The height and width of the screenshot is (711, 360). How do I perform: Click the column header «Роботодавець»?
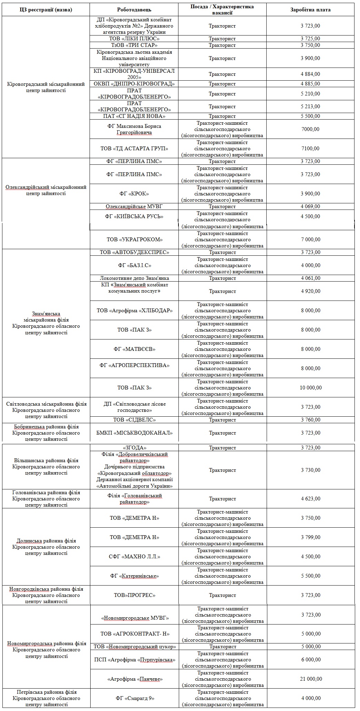[x=134, y=10]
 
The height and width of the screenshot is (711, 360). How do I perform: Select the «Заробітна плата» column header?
[x=310, y=10]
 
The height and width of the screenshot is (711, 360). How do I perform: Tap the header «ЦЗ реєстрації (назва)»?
[x=46, y=10]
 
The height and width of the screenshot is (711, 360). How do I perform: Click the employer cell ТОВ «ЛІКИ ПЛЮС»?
[x=134, y=39]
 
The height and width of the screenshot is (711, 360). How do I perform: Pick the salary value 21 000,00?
[x=310, y=679]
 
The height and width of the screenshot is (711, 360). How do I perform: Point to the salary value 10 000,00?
[x=310, y=388]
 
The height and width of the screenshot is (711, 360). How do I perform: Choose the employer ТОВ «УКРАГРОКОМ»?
[x=134, y=240]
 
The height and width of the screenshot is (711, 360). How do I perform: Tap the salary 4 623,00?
[x=310, y=499]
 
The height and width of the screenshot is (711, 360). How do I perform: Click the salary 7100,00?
[x=310, y=149]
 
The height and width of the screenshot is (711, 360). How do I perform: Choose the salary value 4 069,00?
[x=310, y=206]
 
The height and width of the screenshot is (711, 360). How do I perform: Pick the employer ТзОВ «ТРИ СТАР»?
[x=134, y=45]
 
